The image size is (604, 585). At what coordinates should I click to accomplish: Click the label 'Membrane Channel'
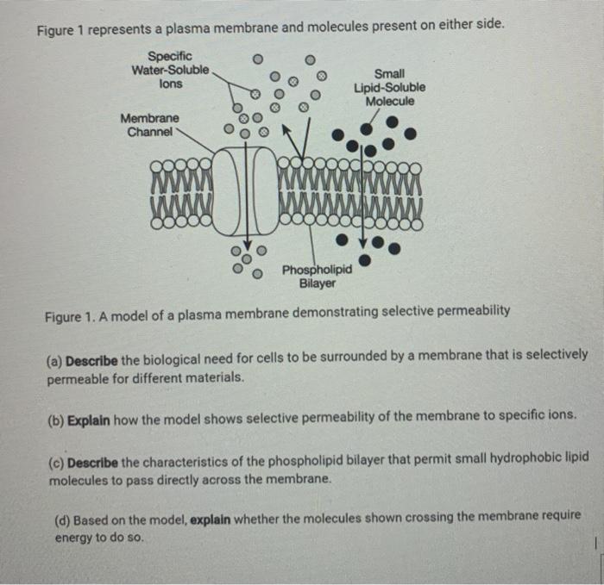(150, 125)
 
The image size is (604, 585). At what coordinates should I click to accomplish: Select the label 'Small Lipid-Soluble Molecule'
(389, 88)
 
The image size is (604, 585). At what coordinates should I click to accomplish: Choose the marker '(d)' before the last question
(62, 520)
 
